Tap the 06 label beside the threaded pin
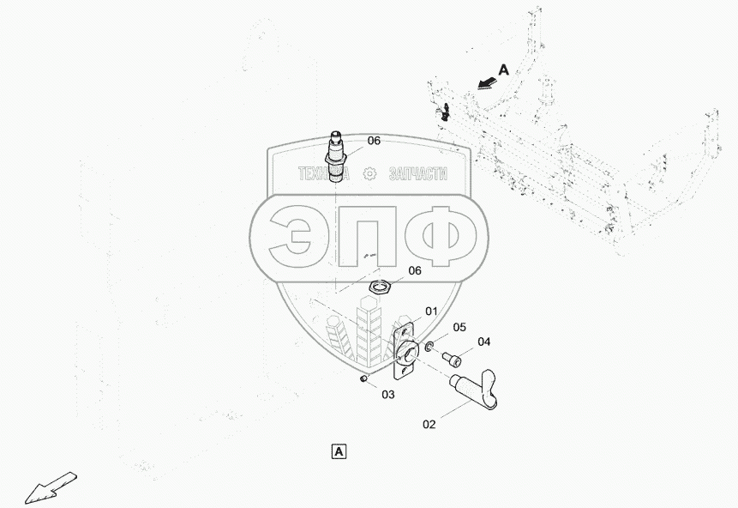click(374, 141)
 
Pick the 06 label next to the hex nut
click(414, 270)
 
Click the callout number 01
click(431, 311)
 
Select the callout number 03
click(388, 395)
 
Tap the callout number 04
click(484, 342)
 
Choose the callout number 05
click(459, 327)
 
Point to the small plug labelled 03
click(363, 378)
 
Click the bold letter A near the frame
click(503, 71)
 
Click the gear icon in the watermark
click(369, 172)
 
